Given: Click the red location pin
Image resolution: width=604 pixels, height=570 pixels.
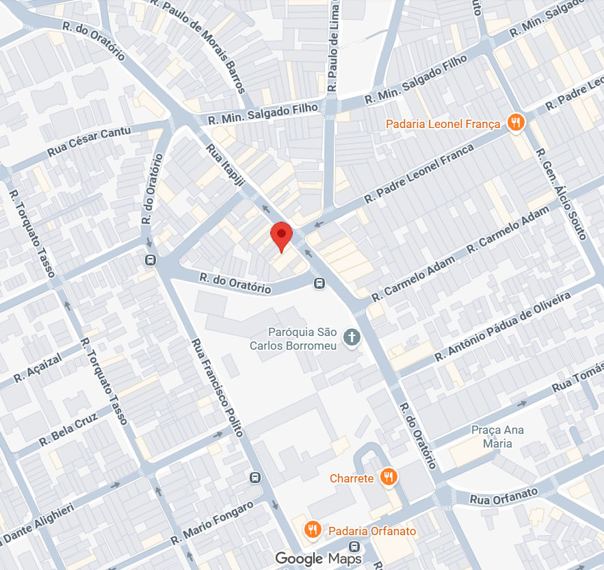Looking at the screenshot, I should (x=281, y=235).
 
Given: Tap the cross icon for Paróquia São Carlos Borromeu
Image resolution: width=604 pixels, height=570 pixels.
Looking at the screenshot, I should (x=352, y=337).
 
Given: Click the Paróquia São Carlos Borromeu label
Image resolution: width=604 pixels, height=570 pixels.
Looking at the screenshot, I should (x=293, y=339).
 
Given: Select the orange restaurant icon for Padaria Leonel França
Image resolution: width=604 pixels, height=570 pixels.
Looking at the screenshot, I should (x=516, y=123).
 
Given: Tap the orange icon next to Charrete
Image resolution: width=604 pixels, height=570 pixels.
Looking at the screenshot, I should (x=389, y=477).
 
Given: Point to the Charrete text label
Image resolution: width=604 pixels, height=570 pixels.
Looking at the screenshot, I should (x=352, y=478).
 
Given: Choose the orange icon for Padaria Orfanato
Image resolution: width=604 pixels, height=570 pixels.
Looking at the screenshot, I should (x=313, y=530).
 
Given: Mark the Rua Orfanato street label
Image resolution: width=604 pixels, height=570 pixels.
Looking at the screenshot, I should (x=505, y=496).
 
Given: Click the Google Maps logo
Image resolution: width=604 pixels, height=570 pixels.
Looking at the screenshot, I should (x=318, y=558).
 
